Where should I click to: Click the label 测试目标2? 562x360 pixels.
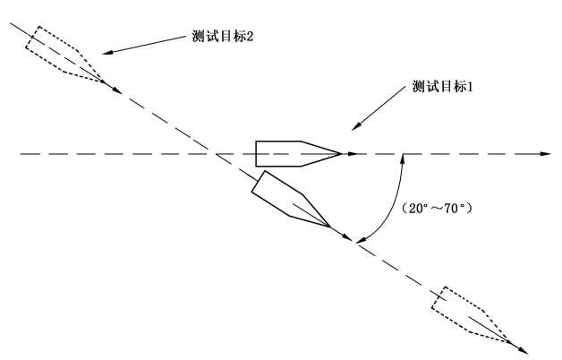point(223,36)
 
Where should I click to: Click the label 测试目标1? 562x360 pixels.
point(442,86)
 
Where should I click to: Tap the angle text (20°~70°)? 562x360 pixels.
point(436,209)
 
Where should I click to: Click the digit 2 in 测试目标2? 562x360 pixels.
point(250,36)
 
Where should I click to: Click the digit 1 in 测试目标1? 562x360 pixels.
point(470,86)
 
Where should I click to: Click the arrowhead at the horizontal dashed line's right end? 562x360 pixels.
point(546,154)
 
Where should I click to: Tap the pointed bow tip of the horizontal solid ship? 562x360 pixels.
point(341,154)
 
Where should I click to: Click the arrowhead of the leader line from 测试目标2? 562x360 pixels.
point(107,52)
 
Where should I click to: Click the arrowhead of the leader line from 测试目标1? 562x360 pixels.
point(355,126)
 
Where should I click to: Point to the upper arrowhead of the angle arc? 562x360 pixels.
point(403,159)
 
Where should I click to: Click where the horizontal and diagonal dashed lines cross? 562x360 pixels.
point(217,154)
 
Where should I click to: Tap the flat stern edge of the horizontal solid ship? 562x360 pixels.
point(256,154)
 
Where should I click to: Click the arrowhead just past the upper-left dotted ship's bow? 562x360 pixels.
point(117,90)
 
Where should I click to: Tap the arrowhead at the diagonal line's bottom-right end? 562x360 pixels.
point(524,350)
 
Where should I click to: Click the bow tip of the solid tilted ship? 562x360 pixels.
point(329,227)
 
